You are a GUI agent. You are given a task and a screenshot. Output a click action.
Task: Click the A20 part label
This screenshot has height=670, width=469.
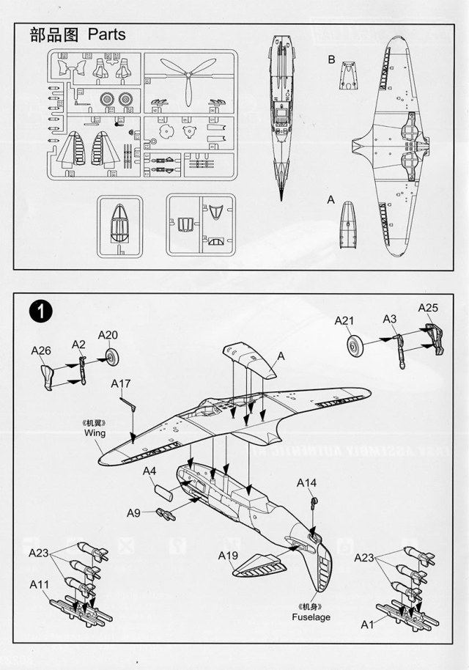108,335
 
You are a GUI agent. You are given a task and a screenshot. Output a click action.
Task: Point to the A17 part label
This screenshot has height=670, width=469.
122,383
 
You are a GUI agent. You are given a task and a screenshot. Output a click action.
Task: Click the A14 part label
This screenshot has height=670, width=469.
307,482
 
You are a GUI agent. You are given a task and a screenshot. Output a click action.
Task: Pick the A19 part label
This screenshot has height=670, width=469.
228,556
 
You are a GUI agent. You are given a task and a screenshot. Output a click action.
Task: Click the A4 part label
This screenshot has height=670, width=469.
149,471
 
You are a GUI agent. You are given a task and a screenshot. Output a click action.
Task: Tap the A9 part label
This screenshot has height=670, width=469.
133,512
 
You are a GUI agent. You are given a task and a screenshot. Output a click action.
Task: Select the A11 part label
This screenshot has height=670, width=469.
40,584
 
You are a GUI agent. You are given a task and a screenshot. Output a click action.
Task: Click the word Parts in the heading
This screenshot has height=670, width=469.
106,34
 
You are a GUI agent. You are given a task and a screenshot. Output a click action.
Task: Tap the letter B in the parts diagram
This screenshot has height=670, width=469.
331,59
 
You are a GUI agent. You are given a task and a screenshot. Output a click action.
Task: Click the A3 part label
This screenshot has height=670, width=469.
390,318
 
